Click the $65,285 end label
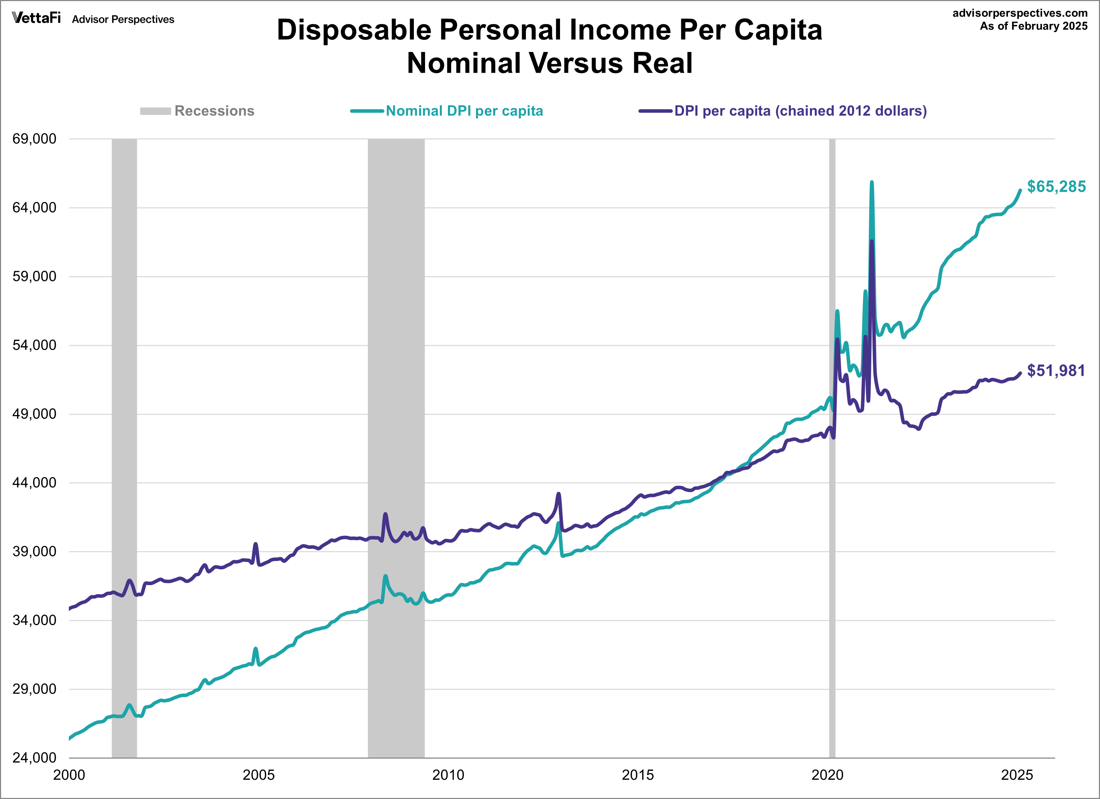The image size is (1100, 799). coord(1056,186)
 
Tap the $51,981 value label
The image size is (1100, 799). coord(1056,371)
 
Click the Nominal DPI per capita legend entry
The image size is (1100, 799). coord(464,111)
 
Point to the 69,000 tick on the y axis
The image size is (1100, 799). coord(34,139)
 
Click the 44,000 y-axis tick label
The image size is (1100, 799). coord(34,483)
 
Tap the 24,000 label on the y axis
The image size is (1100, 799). coord(34,757)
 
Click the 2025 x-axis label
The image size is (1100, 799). coord(1017,775)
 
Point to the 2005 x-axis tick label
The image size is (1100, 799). coord(259,775)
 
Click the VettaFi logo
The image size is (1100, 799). coord(37,18)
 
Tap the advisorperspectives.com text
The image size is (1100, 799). coord(1020,13)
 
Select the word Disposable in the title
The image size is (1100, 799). coord(354,30)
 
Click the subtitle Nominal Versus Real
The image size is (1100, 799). coord(549,63)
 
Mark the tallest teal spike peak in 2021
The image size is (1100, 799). coord(872,182)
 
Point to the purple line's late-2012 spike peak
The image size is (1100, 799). coord(559,494)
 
